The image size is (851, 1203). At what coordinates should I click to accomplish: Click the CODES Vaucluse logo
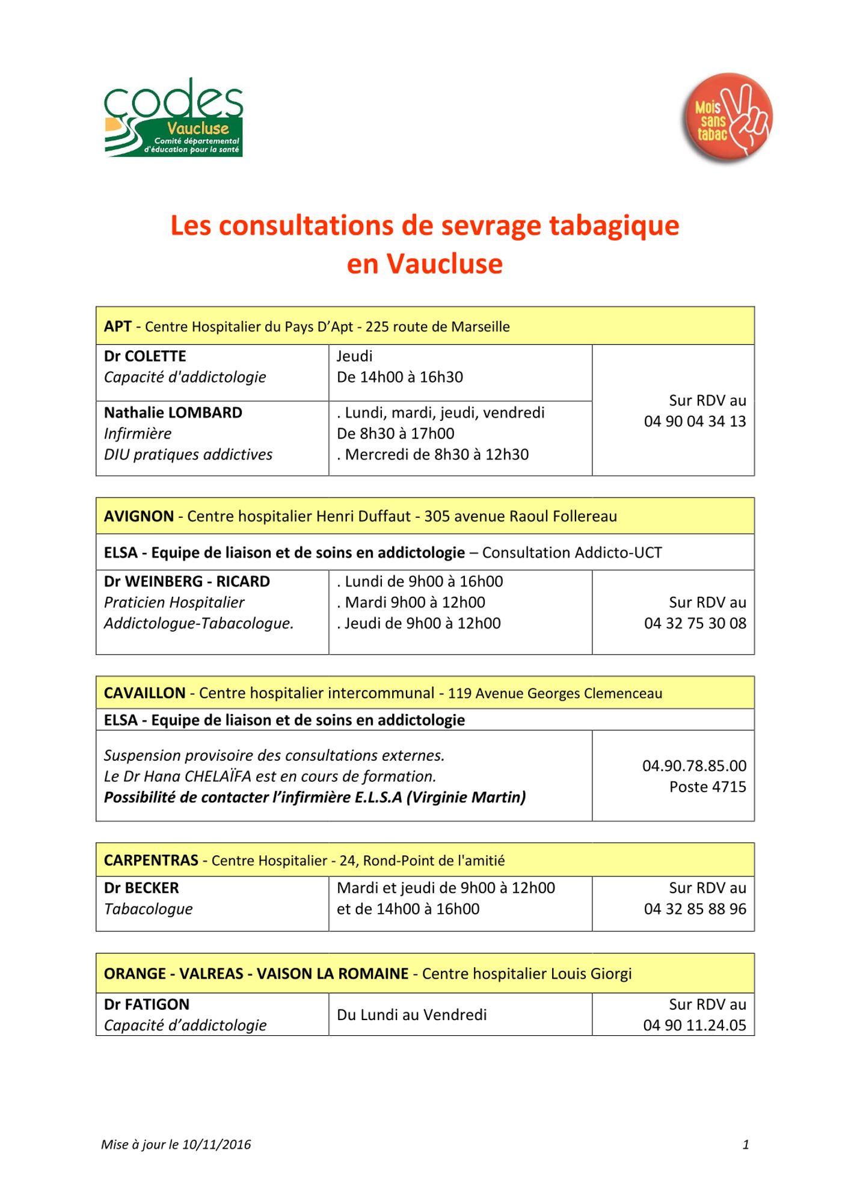[x=173, y=118]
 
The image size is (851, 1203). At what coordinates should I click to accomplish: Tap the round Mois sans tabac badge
[x=727, y=118]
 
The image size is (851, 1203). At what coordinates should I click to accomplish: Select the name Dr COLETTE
[x=145, y=356]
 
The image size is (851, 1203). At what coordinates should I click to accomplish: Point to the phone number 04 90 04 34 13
[x=695, y=422]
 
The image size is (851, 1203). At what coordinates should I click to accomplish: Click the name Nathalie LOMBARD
[x=173, y=413]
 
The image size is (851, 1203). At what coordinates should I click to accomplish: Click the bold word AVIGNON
[x=139, y=516]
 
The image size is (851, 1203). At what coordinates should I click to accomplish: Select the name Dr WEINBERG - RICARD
[x=187, y=582]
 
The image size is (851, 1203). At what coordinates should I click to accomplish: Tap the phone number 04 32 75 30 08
[x=695, y=624]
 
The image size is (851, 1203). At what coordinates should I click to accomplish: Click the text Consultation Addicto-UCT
[x=571, y=553]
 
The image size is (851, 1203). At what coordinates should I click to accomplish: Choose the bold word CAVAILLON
[x=144, y=693]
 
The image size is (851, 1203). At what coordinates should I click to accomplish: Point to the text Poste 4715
[x=707, y=787]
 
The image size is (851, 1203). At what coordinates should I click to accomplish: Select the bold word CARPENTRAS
[x=151, y=860]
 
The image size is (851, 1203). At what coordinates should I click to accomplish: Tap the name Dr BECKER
[x=141, y=888]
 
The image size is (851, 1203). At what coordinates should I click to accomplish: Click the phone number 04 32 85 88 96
[x=695, y=909]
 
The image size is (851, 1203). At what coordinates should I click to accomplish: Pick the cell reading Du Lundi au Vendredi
[x=412, y=1015]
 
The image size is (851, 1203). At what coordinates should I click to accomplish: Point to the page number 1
[x=746, y=1145]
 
